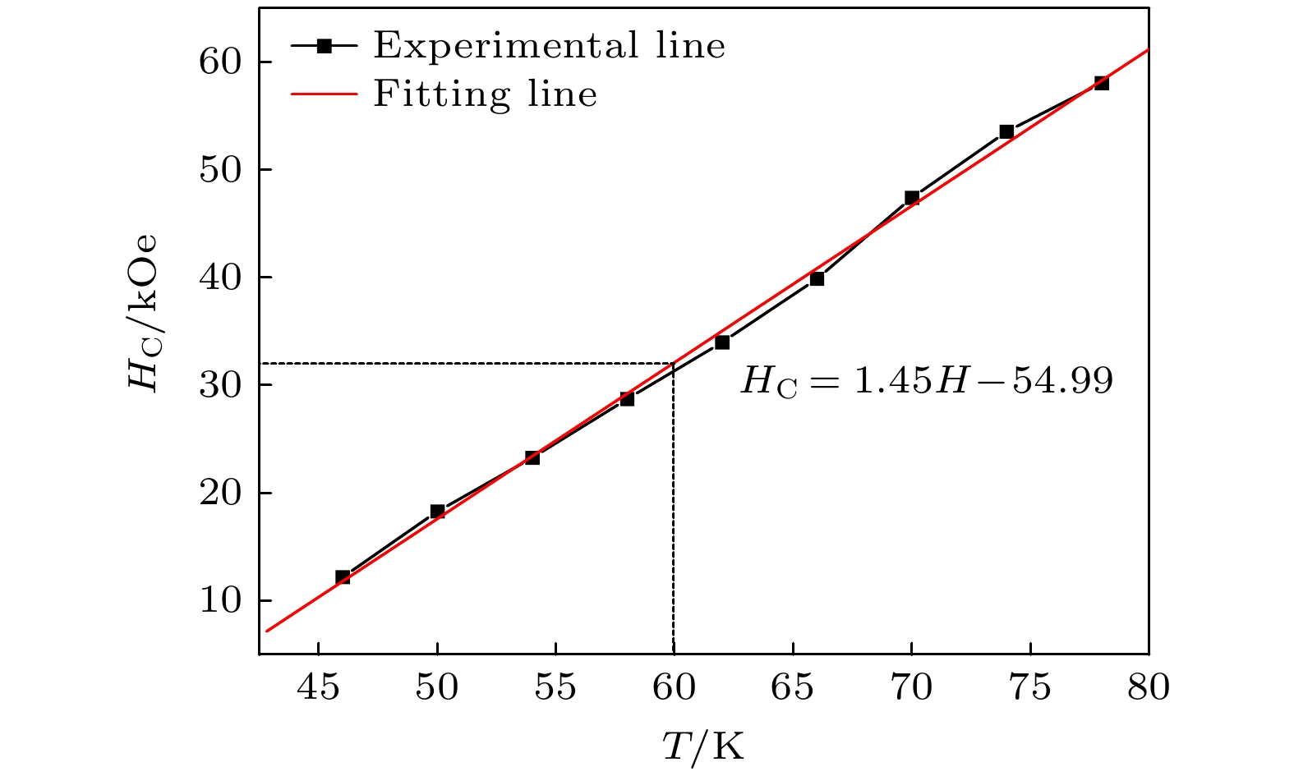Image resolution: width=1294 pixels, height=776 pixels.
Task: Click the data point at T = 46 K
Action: tap(343, 577)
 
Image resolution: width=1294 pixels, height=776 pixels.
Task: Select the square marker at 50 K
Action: tap(437, 512)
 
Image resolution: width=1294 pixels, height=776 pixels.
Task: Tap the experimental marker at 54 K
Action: tap(532, 457)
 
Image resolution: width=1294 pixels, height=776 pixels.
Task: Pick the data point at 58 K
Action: tap(627, 399)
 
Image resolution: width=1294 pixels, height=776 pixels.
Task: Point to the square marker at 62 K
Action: tap(722, 342)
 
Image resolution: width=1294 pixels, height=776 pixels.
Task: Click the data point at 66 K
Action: tap(817, 279)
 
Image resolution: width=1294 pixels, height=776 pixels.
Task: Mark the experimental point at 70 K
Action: tap(912, 197)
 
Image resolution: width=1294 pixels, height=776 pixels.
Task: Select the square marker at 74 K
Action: tap(1006, 131)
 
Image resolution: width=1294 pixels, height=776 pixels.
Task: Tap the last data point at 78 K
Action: tap(1102, 83)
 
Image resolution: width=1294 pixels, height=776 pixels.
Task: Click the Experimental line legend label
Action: tap(550, 46)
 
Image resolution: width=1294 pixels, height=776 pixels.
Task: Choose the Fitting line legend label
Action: tap(485, 94)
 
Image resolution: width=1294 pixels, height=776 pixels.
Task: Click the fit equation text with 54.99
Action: tap(927, 381)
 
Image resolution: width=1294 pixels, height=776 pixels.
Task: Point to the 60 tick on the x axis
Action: tap(674, 687)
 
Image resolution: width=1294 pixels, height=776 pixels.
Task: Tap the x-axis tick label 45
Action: tap(318, 687)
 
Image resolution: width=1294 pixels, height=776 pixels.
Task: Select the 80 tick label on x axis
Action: tap(1148, 687)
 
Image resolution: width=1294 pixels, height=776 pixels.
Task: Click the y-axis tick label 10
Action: tap(220, 601)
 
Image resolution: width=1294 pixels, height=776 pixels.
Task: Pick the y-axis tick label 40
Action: tap(220, 278)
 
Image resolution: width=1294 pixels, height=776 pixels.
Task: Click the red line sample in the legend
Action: tap(324, 94)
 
